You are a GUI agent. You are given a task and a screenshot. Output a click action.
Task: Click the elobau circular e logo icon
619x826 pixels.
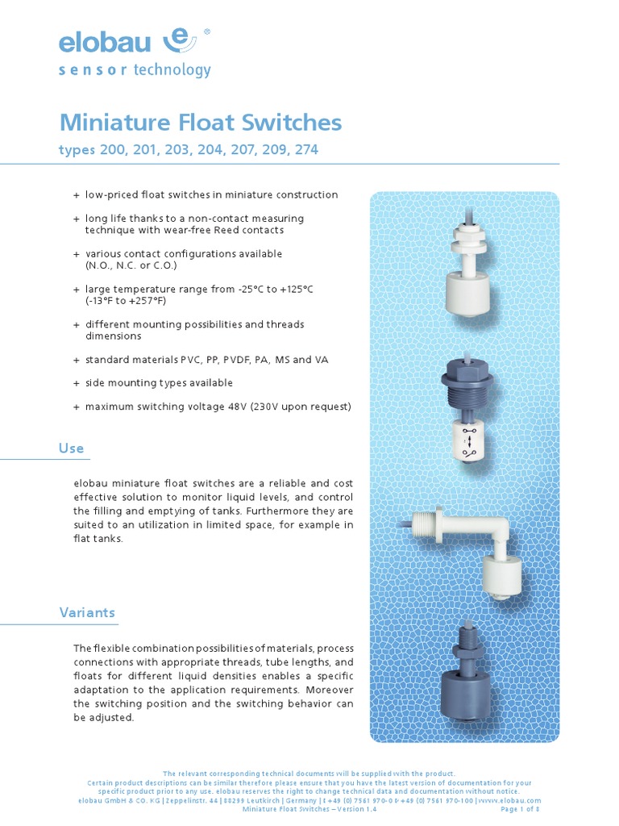pos(180,40)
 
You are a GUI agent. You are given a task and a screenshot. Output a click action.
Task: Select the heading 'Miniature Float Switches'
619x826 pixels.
pos(201,123)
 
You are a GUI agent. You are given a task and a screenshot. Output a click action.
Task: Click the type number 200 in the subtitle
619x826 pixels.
pos(111,150)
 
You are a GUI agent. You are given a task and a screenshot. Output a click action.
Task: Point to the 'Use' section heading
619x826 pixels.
pos(72,448)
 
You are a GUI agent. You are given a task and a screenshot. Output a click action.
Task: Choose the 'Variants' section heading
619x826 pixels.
pos(87,612)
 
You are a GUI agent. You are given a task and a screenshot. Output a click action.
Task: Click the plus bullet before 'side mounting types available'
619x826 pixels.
pos(77,383)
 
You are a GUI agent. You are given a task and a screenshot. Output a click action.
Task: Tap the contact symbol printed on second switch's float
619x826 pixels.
pos(465,442)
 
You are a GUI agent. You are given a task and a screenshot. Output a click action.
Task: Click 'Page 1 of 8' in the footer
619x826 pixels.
pos(521,808)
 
